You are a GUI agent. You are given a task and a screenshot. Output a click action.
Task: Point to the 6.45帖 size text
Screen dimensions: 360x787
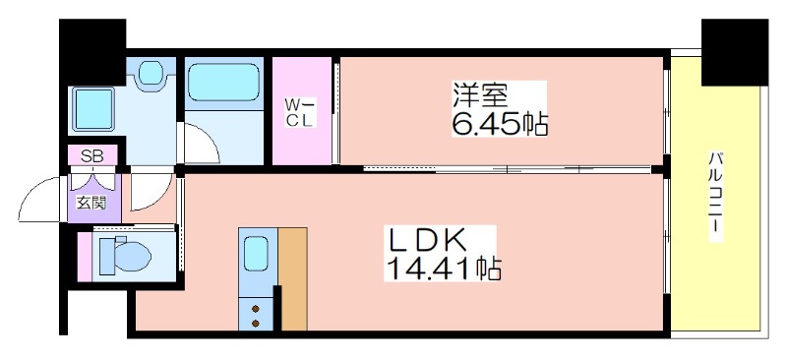[500, 126]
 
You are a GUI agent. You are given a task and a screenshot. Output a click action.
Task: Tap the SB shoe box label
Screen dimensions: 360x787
[91, 155]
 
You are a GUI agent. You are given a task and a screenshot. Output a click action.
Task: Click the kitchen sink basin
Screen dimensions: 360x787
[257, 255]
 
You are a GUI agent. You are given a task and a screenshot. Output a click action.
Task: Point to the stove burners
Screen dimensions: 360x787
[257, 314]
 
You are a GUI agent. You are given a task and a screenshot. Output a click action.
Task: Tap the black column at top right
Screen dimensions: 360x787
[733, 49]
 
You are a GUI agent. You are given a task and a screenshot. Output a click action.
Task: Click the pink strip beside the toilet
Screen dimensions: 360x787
[85, 257]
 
